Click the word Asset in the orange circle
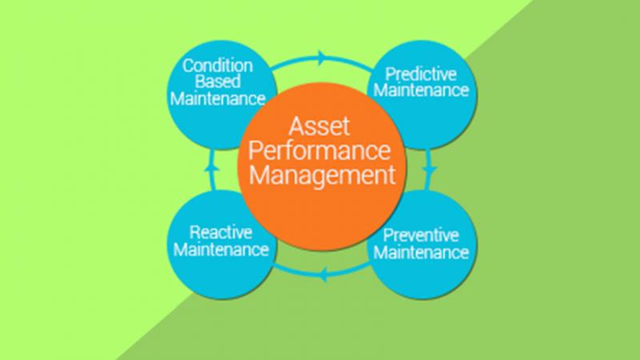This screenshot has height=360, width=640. (319, 126)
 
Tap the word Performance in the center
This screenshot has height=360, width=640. (319, 151)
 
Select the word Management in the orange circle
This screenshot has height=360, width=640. (322, 176)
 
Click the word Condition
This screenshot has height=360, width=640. (218, 66)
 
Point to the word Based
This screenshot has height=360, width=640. (218, 82)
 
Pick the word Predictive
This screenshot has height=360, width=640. (421, 74)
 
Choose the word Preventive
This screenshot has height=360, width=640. (421, 235)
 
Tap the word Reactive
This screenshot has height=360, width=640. (221, 233)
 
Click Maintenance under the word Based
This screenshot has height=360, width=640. (218, 98)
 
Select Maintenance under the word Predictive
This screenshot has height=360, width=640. (422, 90)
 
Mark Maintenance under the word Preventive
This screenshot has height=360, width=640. (422, 252)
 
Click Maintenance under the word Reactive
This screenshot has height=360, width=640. (221, 250)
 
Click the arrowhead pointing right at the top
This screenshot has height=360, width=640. (323, 58)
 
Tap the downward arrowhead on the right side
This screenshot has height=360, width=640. (430, 170)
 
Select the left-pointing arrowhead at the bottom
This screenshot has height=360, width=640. (322, 275)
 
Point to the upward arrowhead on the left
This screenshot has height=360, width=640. (212, 166)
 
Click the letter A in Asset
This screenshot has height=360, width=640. (296, 126)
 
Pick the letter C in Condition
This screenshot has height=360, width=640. (188, 66)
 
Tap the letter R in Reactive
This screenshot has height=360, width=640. (195, 233)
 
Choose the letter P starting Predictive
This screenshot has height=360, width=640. (390, 74)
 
